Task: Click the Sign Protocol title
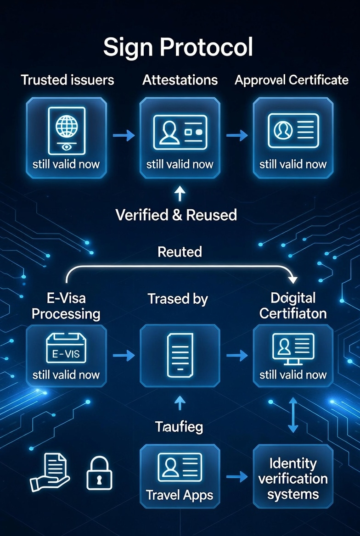(178, 47)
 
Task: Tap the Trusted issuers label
(67, 80)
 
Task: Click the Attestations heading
(180, 80)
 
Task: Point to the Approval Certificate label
(292, 80)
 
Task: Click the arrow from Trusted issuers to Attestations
(124, 135)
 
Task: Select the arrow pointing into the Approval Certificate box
(236, 135)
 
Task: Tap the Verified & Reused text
(176, 214)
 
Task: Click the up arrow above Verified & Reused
(180, 193)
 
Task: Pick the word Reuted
(180, 251)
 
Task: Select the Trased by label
(178, 299)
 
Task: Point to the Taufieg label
(179, 427)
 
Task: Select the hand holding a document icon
(50, 472)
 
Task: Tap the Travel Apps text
(180, 495)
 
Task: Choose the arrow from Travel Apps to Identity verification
(236, 477)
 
